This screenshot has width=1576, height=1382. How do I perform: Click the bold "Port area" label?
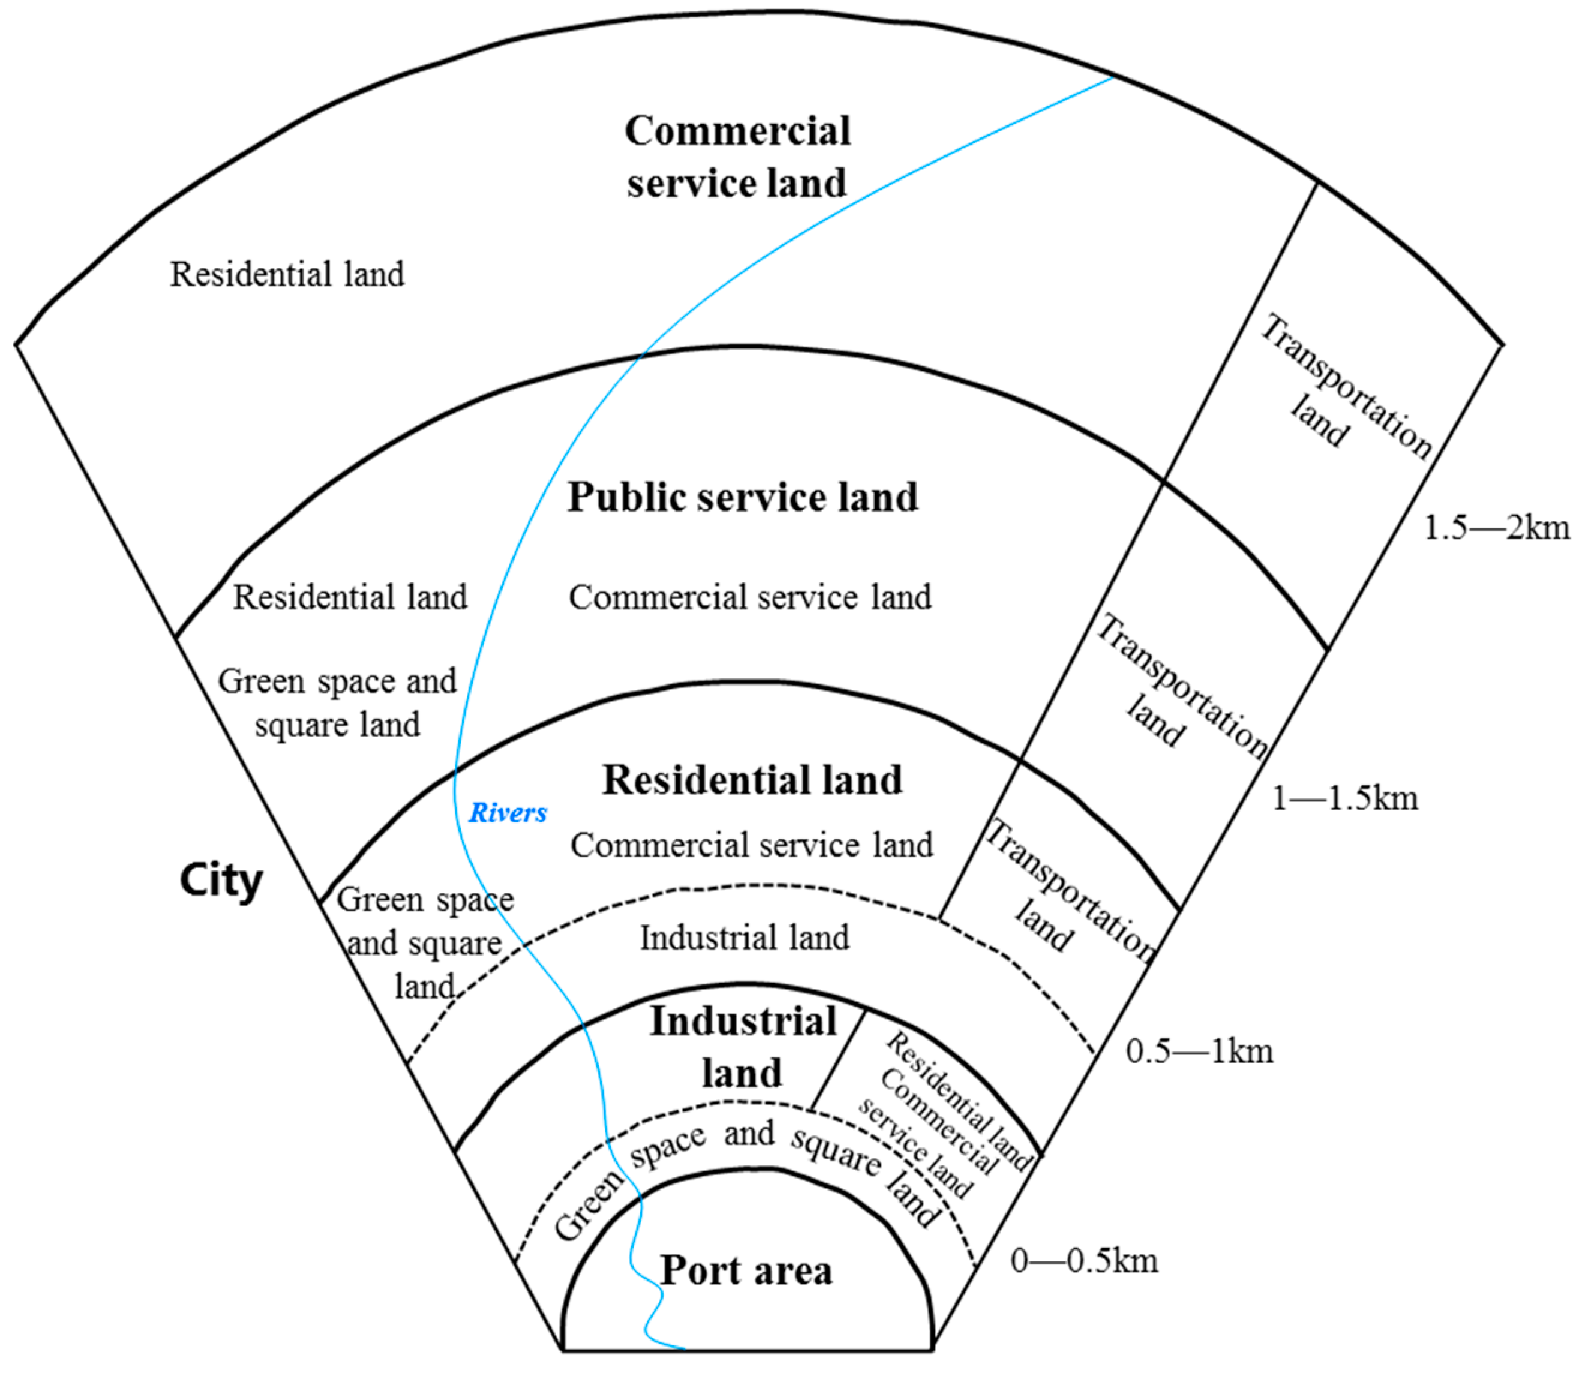pyautogui.click(x=746, y=1271)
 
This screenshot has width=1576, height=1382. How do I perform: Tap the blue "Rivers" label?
pyautogui.click(x=508, y=812)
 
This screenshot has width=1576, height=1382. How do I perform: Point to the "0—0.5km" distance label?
pyautogui.click(x=1084, y=1261)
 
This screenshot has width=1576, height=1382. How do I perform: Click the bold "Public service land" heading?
pyautogui.click(x=743, y=497)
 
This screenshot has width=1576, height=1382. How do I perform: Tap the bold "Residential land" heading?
pyautogui.click(x=752, y=780)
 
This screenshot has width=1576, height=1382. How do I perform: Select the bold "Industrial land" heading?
pyautogui.click(x=743, y=1047)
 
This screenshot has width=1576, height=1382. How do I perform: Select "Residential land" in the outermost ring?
pyautogui.click(x=287, y=274)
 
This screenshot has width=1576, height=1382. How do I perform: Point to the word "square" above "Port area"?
pyautogui.click(x=835, y=1154)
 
